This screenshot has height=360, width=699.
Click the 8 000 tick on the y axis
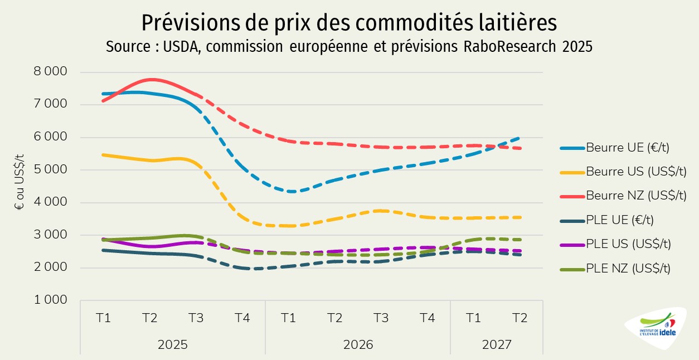tap(51, 72)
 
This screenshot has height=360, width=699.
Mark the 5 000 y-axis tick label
tap(51, 170)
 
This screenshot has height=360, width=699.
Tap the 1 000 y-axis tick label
tap(51, 300)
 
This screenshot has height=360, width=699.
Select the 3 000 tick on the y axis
tap(51, 235)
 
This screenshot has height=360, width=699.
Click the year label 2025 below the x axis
tap(173, 344)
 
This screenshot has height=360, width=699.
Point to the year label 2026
tap(357, 344)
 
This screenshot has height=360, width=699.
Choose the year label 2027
tap(497, 344)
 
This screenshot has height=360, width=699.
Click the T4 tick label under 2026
tap(427, 318)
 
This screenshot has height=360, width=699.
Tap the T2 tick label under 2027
tap(520, 318)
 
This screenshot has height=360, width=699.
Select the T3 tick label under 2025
tap(196, 318)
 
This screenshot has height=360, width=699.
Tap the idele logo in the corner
tap(658, 329)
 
